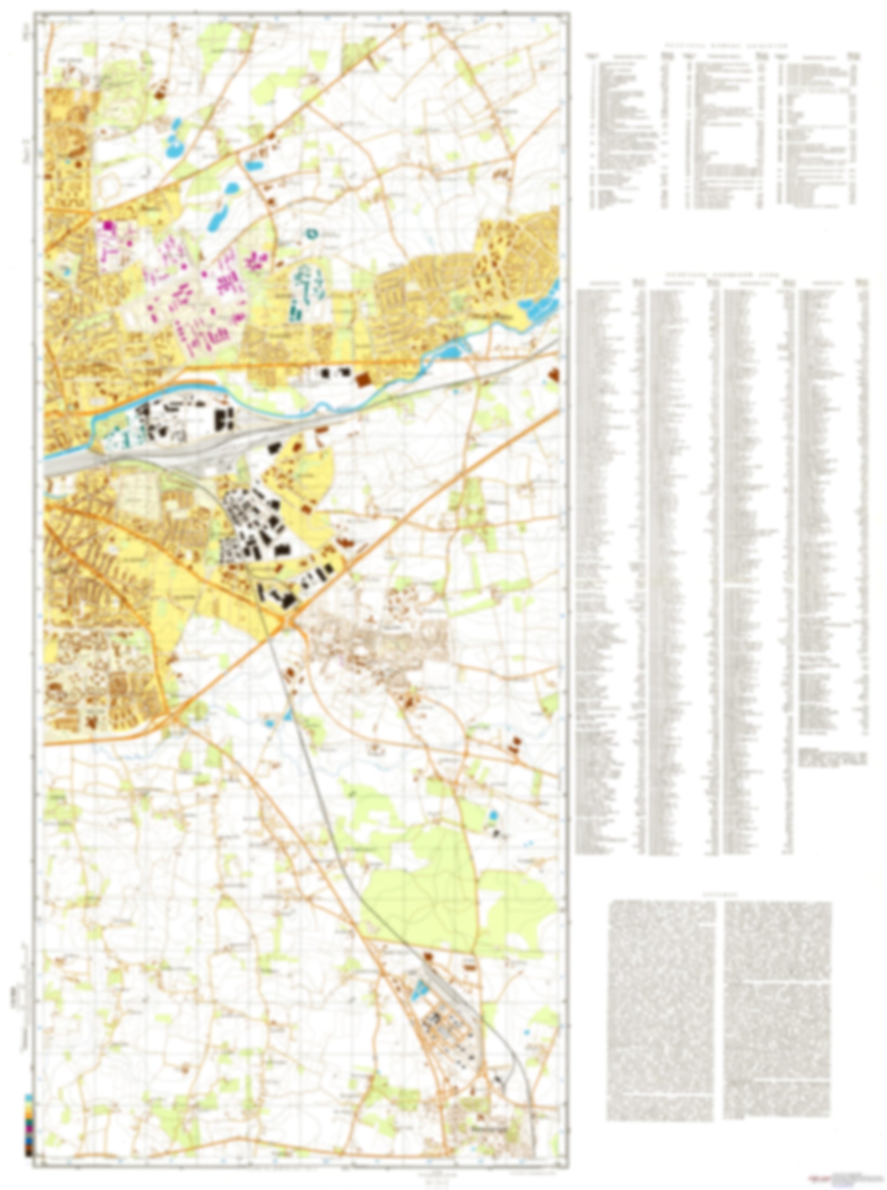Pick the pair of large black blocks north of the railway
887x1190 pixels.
(227, 419)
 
